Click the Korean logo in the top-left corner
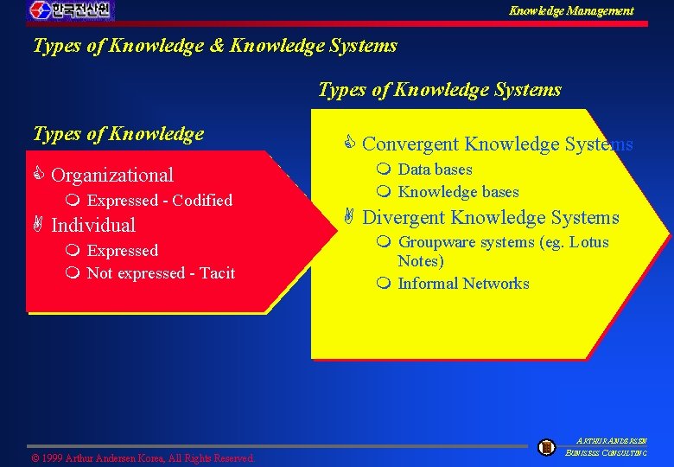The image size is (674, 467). pyautogui.click(x=70, y=10)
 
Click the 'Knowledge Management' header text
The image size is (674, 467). pyautogui.click(x=571, y=11)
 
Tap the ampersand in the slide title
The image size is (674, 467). pyautogui.click(x=216, y=45)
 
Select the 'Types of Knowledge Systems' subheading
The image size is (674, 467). pyautogui.click(x=440, y=90)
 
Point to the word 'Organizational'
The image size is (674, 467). pyautogui.click(x=112, y=175)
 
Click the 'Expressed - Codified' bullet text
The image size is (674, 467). pyautogui.click(x=160, y=201)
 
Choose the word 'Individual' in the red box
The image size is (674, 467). pyautogui.click(x=93, y=226)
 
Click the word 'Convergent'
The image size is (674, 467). pyautogui.click(x=410, y=144)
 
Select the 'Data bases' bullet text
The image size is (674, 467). pyautogui.click(x=435, y=170)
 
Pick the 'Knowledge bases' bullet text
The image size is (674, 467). pyautogui.click(x=458, y=192)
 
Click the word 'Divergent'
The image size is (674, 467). pyautogui.click(x=407, y=218)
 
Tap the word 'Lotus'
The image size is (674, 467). pyautogui.click(x=588, y=242)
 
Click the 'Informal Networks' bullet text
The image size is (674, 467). pyautogui.click(x=463, y=284)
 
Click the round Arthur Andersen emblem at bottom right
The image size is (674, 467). pyautogui.click(x=546, y=447)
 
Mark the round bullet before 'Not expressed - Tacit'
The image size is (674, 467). pyautogui.click(x=72, y=273)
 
